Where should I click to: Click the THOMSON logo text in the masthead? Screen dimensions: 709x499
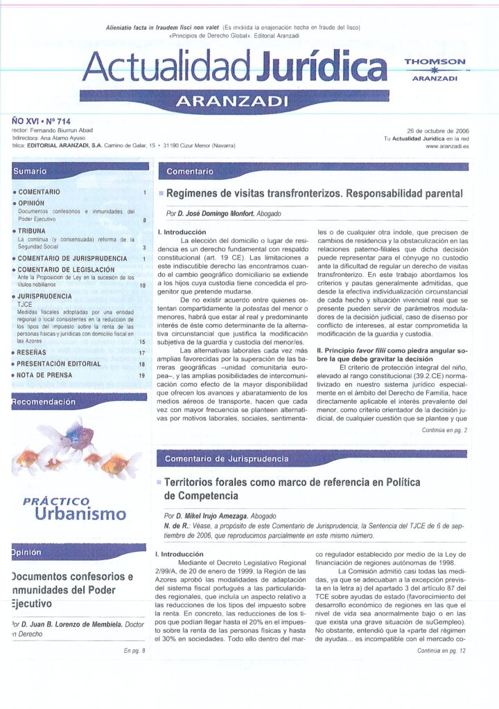pyautogui.click(x=435, y=62)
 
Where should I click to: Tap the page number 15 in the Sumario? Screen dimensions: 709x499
pyautogui.click(x=142, y=342)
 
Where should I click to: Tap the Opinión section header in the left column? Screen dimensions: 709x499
pyautogui.click(x=27, y=553)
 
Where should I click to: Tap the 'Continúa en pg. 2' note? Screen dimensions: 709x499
pyautogui.click(x=444, y=431)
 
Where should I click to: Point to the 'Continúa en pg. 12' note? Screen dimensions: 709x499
pyautogui.click(x=442, y=651)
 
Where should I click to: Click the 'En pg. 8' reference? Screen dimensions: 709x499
pyautogui.click(x=134, y=651)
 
